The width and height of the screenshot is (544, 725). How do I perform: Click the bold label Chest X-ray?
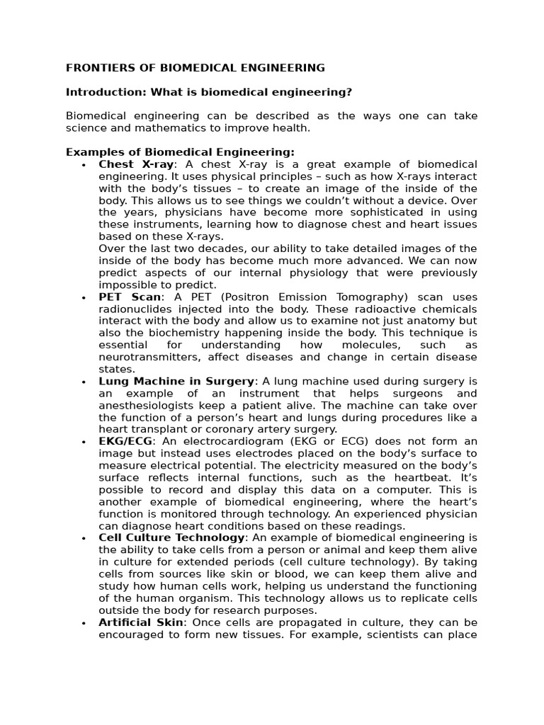tap(136, 164)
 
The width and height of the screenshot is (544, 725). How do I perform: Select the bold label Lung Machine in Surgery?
tap(176, 382)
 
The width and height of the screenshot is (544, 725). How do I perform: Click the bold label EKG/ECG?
tap(125, 441)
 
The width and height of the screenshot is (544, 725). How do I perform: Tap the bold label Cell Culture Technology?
tap(172, 538)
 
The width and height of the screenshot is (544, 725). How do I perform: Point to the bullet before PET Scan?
tap(84, 298)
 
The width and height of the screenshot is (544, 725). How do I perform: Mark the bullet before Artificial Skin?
tap(84, 623)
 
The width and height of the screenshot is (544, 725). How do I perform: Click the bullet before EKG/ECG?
tap(84, 442)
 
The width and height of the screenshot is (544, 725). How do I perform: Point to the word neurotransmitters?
tap(146, 358)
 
